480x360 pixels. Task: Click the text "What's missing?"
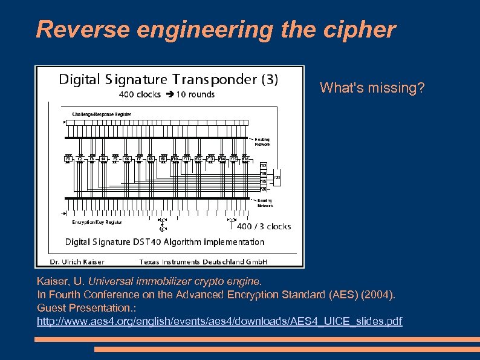pyautogui.click(x=372, y=88)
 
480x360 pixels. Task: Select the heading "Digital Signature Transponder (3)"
pyautogui.click(x=168, y=80)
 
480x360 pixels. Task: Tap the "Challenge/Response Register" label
pyautogui.click(x=102, y=114)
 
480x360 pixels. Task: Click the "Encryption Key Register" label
pyautogui.click(x=97, y=222)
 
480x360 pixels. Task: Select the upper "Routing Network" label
pyautogui.click(x=262, y=142)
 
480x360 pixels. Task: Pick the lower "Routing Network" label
pyautogui.click(x=265, y=203)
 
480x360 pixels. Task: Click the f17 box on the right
pyautogui.click(x=263, y=165)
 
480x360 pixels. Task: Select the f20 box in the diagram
pyautogui.click(x=263, y=188)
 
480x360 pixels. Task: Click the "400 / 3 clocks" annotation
pyautogui.click(x=264, y=226)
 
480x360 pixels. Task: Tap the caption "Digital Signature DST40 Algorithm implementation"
pyautogui.click(x=164, y=242)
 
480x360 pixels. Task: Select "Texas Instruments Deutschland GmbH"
pyautogui.click(x=203, y=262)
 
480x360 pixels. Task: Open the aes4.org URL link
pyautogui.click(x=219, y=321)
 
